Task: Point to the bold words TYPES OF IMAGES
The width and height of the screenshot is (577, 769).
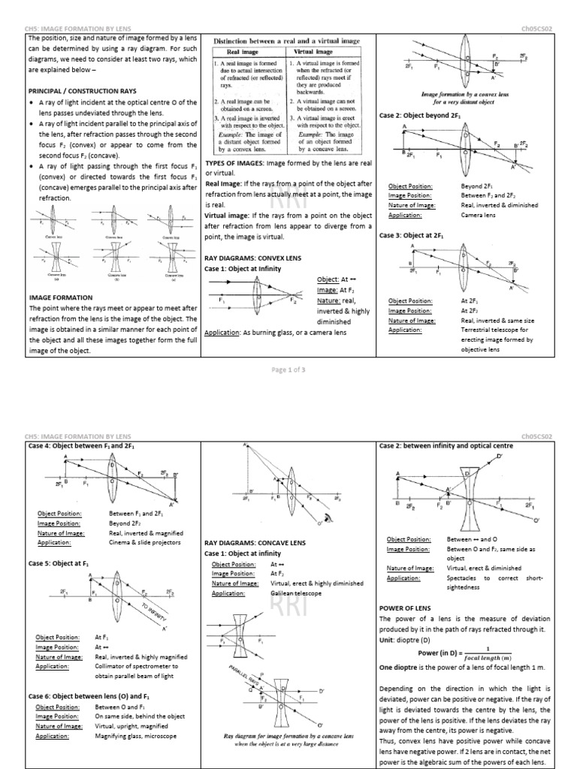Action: click(x=233, y=163)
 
